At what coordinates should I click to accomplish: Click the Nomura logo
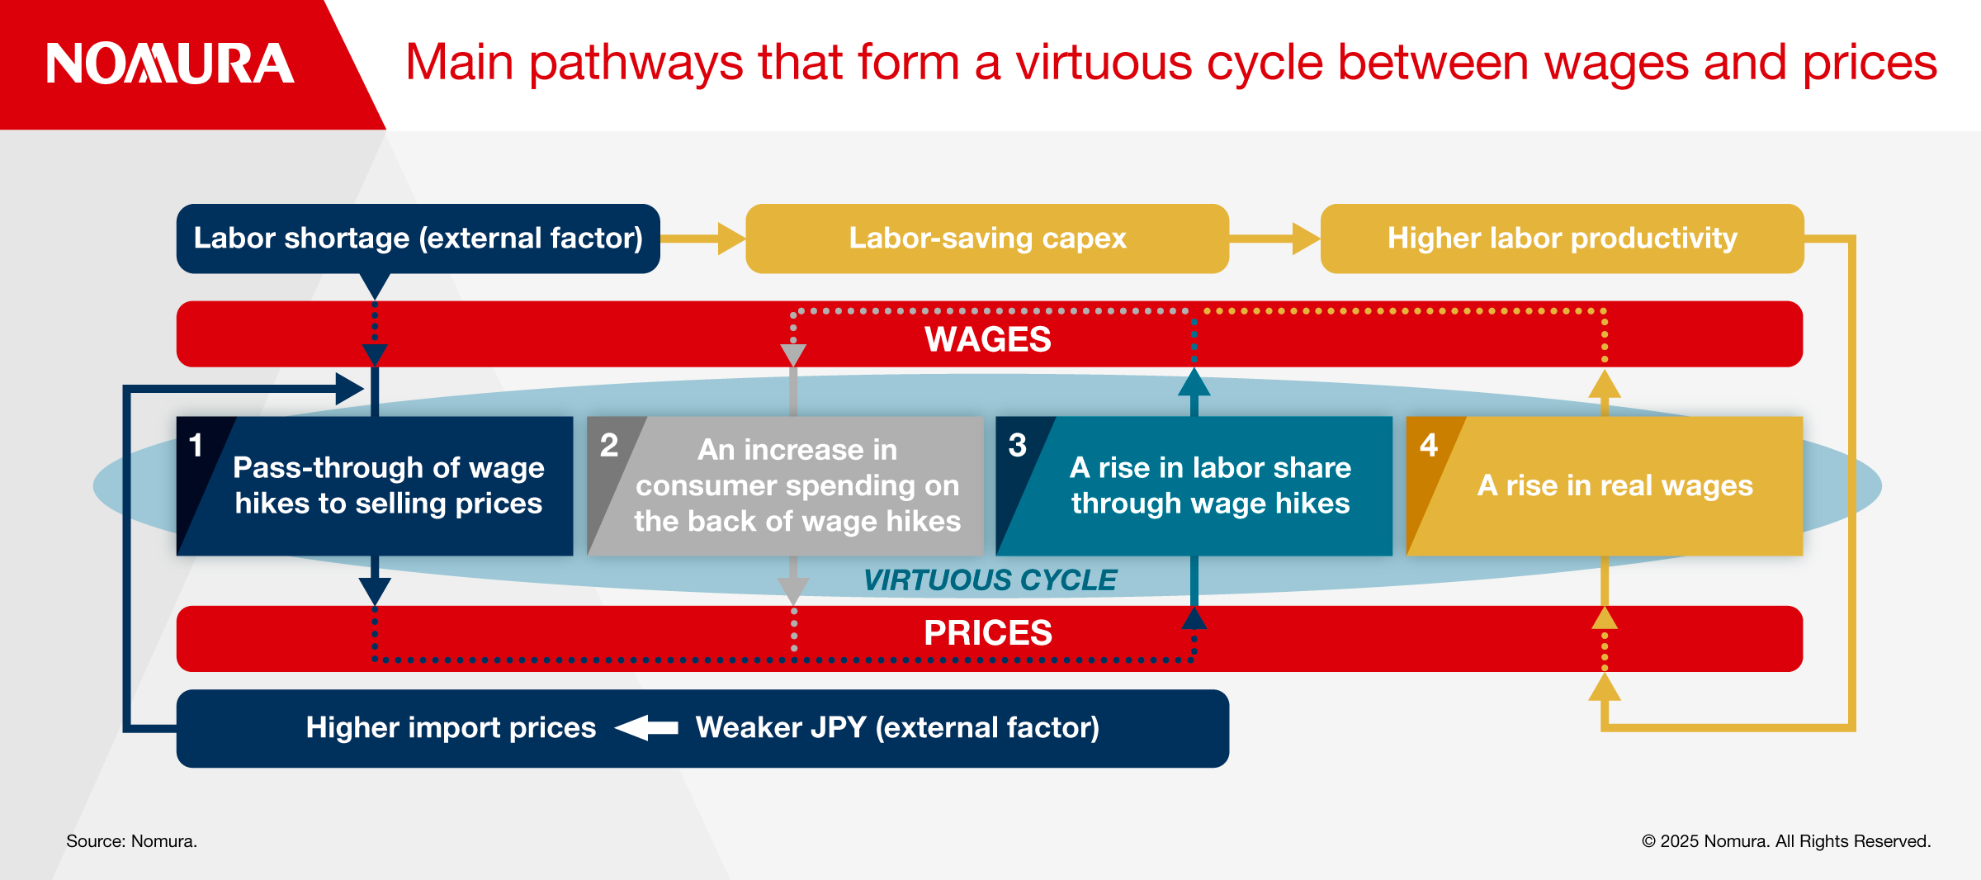(x=170, y=64)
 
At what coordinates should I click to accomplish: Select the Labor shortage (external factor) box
(x=418, y=239)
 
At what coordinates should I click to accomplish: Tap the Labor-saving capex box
(x=987, y=239)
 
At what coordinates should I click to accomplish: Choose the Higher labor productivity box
(x=1562, y=239)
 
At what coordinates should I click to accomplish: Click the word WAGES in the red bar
(x=988, y=339)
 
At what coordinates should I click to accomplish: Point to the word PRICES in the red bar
(x=988, y=633)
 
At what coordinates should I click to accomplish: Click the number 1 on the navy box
(x=196, y=446)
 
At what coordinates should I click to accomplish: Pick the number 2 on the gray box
(x=609, y=446)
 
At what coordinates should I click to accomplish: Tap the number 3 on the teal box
(x=1018, y=446)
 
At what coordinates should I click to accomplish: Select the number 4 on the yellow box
(x=1429, y=446)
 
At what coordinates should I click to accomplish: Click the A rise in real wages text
(x=1615, y=485)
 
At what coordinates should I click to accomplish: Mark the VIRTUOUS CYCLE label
(x=990, y=580)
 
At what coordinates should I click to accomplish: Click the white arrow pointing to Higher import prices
(x=646, y=728)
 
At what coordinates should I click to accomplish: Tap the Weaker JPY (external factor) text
(x=897, y=728)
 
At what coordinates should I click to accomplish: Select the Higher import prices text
(x=451, y=728)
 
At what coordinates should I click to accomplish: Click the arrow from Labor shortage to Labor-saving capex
(x=703, y=239)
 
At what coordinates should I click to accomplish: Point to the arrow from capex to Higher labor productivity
(x=1275, y=239)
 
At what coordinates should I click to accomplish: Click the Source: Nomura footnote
(x=131, y=841)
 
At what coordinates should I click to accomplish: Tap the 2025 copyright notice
(x=1786, y=841)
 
